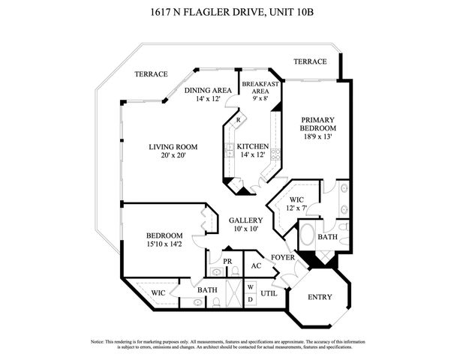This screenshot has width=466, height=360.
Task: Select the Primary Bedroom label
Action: tap(318, 124)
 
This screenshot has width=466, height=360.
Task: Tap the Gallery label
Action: tap(245, 220)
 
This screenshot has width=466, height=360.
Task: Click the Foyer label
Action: tap(282, 257)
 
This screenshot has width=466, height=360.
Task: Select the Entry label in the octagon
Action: tap(320, 297)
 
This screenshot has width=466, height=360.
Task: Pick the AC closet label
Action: tap(256, 265)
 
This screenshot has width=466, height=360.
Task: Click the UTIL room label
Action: tap(269, 293)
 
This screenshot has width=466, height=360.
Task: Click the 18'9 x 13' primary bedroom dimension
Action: tap(318, 137)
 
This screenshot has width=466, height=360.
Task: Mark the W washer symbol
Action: tap(250, 286)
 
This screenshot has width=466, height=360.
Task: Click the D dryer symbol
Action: tap(250, 299)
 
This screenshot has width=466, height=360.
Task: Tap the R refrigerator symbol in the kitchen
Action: tap(238, 120)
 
